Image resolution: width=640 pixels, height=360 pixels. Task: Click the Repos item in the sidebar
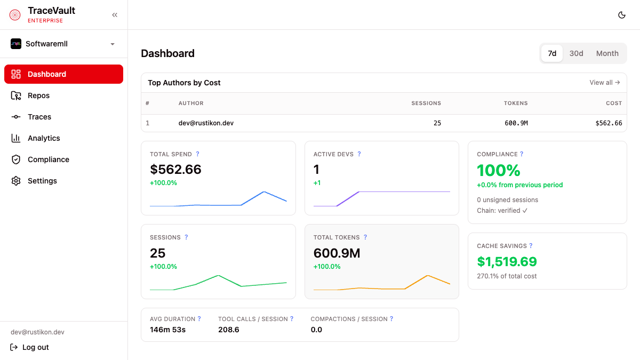[38, 95]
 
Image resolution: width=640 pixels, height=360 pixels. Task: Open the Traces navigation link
[39, 117]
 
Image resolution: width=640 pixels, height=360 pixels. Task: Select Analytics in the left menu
[44, 138]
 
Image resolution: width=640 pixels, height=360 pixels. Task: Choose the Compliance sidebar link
[48, 159]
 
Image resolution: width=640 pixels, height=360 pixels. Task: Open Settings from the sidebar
[42, 181]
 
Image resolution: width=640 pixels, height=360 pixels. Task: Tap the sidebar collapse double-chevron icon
[115, 15]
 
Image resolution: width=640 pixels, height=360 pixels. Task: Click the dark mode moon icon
[621, 15]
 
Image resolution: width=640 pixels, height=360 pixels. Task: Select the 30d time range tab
[576, 53]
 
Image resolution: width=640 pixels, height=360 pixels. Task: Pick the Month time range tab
[607, 53]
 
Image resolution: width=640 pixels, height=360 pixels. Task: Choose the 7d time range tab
[552, 53]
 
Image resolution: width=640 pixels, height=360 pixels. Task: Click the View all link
[604, 83]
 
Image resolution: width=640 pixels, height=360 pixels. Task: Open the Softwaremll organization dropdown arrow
[113, 44]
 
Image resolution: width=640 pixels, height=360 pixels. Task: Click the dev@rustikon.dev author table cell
[206, 123]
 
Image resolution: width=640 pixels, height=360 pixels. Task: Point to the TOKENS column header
[515, 103]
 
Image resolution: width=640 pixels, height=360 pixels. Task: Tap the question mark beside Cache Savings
[531, 246]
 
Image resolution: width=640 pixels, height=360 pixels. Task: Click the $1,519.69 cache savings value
[507, 261]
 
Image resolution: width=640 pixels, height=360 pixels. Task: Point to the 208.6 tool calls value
[229, 330]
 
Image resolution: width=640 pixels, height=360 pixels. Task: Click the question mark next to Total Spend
[197, 154]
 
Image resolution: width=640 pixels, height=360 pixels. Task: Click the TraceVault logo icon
[15, 15]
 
